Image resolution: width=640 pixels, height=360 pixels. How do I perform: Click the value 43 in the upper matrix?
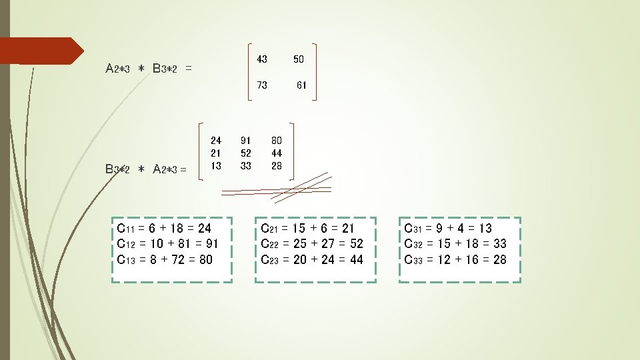tap(262, 59)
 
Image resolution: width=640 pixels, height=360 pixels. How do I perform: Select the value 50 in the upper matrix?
tap(298, 59)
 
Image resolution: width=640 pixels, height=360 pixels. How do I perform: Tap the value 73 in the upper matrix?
tap(262, 85)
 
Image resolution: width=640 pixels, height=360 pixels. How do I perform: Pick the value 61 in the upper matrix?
tap(301, 85)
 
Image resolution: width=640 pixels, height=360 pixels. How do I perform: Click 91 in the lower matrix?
tap(245, 141)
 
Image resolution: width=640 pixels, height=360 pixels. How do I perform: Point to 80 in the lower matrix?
tap(276, 141)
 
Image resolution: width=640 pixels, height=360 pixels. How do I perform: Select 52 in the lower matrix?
tap(245, 153)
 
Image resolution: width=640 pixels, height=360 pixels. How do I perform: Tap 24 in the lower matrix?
tap(215, 141)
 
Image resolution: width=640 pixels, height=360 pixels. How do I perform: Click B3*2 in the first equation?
tap(165, 69)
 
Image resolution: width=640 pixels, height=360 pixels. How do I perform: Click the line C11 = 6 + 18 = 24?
tap(164, 229)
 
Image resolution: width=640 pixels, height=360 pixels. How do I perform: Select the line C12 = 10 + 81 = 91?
tap(167, 244)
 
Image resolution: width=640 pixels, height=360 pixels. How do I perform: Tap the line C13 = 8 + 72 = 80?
tap(165, 259)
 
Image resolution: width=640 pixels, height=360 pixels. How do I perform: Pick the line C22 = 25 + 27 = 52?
tap(312, 244)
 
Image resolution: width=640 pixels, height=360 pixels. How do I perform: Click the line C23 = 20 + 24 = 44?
tap(312, 259)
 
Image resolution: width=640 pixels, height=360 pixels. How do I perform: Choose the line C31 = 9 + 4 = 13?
tap(448, 229)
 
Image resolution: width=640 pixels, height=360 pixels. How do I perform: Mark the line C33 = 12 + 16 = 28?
tap(455, 259)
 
